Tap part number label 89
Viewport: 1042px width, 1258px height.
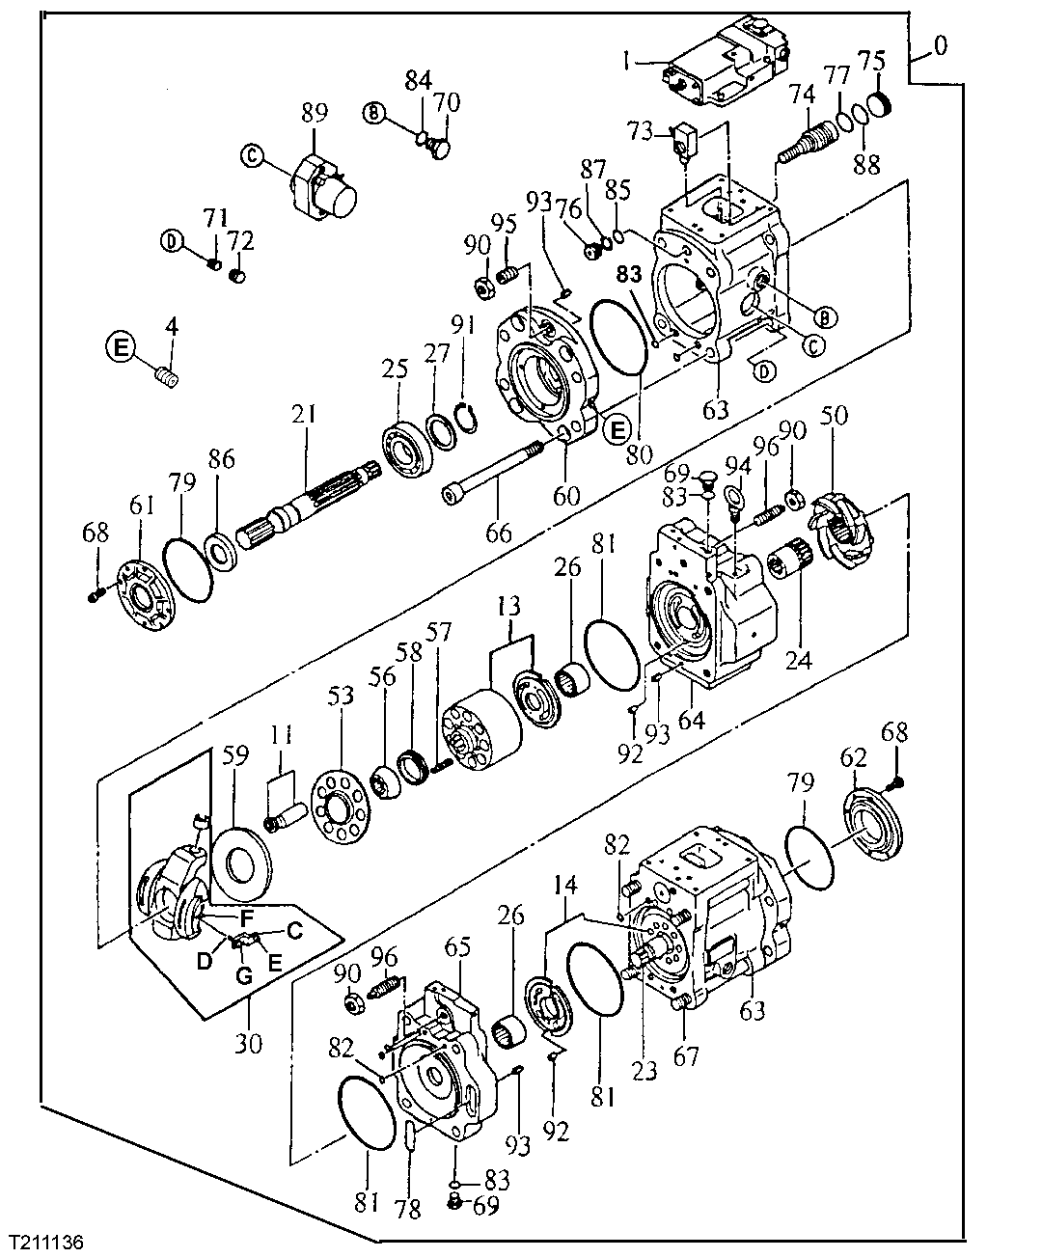coord(315,113)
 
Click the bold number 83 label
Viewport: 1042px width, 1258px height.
coord(629,275)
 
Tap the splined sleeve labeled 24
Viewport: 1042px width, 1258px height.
coord(791,561)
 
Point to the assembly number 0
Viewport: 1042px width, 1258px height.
coord(940,44)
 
